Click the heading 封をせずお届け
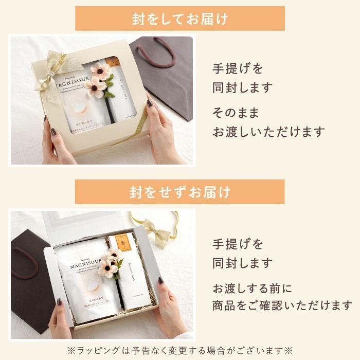(x=179, y=192)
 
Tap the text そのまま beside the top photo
(x=236, y=112)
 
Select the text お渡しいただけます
(x=269, y=132)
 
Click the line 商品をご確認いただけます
(x=282, y=306)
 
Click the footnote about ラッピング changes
(x=179, y=350)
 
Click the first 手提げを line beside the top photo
(x=237, y=68)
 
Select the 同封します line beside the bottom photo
(x=242, y=263)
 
